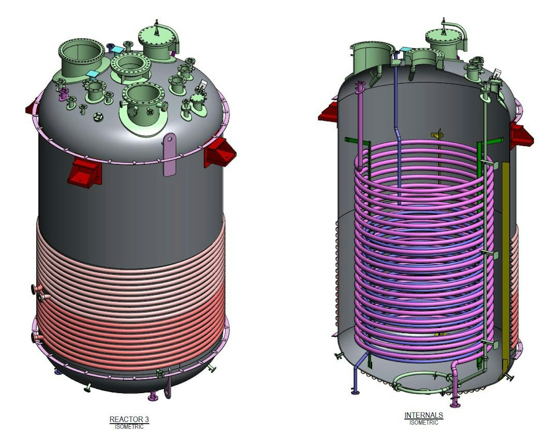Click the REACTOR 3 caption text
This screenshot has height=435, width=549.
pos(129,419)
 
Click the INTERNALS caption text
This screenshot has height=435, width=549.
pos(424,415)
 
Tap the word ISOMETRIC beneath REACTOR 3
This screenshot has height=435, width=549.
pos(129,427)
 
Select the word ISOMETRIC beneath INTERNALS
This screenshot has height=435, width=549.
pos(424,422)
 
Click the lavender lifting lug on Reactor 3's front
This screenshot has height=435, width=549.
pos(169,154)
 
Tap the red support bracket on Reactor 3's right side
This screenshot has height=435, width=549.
pos(220,152)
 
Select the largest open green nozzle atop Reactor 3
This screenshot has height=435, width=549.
pos(81,55)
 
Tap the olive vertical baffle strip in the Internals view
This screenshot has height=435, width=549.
pos(506,267)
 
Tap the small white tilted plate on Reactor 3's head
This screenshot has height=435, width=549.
pos(202,84)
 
